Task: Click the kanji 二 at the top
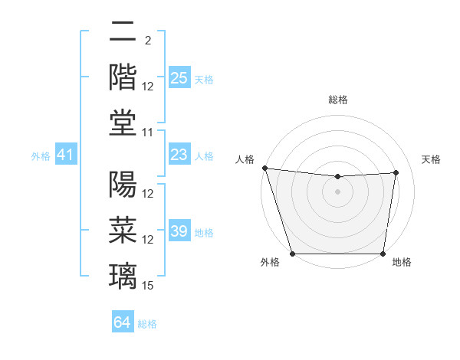[x=123, y=32]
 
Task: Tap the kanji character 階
[x=123, y=77]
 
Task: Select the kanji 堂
[x=123, y=123]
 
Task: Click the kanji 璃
[x=123, y=276]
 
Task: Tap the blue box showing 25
[x=179, y=78]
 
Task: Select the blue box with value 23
[x=179, y=155]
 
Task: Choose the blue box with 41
[x=66, y=155]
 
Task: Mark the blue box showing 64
[x=123, y=322]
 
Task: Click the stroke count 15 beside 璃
[x=148, y=286]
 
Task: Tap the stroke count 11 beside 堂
[x=148, y=133]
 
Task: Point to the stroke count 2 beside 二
[x=147, y=41]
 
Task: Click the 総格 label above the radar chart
[x=338, y=100]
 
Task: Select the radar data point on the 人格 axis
[x=264, y=168]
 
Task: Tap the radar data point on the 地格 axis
[x=383, y=254]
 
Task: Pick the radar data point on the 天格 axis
[x=396, y=172]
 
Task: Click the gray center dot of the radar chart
[x=338, y=191]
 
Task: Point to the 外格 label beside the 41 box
[x=41, y=156]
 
